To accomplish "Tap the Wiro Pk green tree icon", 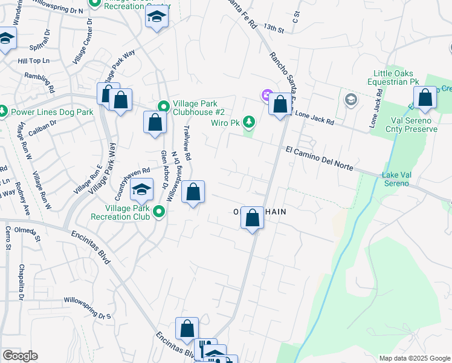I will click(x=248, y=123).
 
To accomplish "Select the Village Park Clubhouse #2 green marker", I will click(x=163, y=106).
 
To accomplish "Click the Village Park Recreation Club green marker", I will click(x=159, y=211).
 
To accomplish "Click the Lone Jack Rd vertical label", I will click(x=377, y=110).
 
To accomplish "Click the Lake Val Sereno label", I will click(x=404, y=179).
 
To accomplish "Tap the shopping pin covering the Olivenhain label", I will click(x=252, y=217).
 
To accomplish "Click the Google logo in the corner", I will click(x=20, y=356).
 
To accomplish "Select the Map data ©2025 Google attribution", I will click(x=414, y=358).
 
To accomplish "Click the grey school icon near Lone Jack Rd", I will click(x=350, y=99).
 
